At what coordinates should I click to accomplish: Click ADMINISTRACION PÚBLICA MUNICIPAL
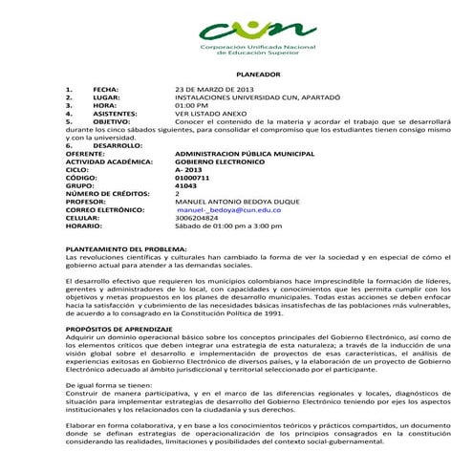[246, 153]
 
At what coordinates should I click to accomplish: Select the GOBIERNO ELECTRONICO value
[221, 161]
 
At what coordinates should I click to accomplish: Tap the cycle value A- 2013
[191, 169]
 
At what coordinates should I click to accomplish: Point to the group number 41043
[186, 185]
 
